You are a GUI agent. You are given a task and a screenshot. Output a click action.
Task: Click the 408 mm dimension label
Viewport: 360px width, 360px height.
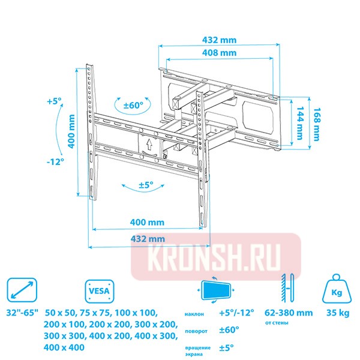(x=219, y=52)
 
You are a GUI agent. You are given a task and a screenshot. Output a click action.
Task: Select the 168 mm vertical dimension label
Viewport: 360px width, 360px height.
(x=316, y=127)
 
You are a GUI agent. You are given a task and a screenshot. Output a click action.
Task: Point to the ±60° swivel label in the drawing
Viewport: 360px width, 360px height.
(x=133, y=105)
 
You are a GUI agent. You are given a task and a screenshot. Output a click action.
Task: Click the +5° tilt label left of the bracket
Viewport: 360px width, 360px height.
(x=54, y=101)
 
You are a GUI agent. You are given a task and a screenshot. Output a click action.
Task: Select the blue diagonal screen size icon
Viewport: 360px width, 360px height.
(x=22, y=291)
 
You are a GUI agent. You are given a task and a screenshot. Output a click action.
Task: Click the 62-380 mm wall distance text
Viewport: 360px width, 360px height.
(x=288, y=313)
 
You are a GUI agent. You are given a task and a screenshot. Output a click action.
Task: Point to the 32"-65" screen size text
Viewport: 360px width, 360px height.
(x=22, y=313)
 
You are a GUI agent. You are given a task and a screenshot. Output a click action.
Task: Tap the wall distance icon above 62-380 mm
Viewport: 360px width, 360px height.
(x=287, y=291)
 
